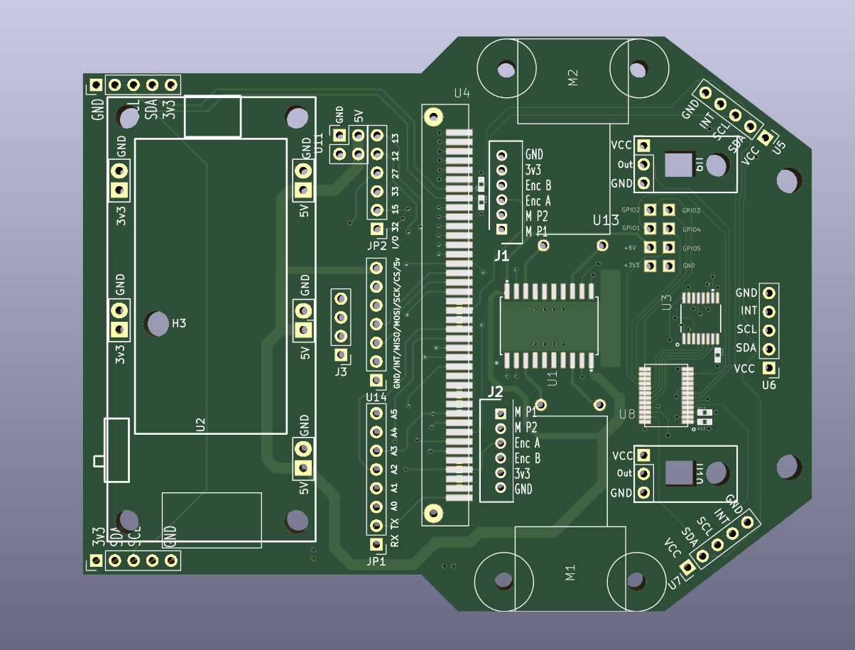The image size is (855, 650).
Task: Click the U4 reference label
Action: point(462,93)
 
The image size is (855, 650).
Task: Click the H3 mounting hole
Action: point(156,324)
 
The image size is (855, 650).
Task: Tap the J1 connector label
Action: point(501,256)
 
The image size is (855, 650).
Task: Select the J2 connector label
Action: point(495,391)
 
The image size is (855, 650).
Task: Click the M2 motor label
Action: point(573,77)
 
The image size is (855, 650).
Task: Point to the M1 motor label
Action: point(570,573)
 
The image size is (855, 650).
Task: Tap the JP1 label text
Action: point(376,560)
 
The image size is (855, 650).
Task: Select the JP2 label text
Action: point(376,246)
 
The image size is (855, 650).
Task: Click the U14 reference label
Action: point(376,396)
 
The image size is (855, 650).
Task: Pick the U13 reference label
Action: point(606,221)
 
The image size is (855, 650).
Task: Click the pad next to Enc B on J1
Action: point(501,185)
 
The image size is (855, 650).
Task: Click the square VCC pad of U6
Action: point(768,368)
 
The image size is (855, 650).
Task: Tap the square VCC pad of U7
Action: point(687,567)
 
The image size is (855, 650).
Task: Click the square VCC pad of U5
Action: point(766,136)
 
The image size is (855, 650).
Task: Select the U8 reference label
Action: point(627,413)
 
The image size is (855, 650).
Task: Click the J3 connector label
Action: point(341,371)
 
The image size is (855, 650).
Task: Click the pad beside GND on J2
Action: point(501,489)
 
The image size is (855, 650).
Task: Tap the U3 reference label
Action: point(666,303)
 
